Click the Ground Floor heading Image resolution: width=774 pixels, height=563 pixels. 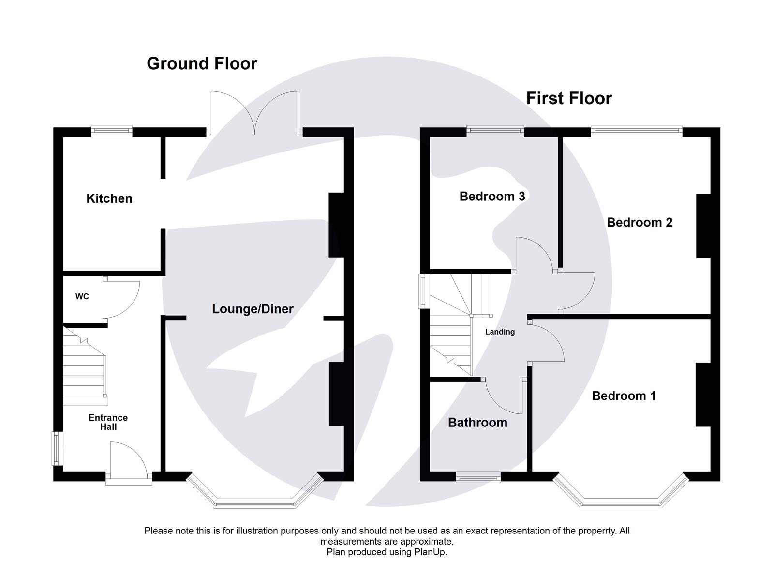202,63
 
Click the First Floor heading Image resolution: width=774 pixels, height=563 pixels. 569,98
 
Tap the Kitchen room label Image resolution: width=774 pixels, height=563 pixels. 109,198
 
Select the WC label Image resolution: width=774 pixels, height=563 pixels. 82,296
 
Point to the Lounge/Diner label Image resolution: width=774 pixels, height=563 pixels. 253,309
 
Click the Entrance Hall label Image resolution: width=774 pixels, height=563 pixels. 108,422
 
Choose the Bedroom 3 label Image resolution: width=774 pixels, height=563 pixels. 492,196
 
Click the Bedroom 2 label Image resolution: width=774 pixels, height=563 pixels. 640,222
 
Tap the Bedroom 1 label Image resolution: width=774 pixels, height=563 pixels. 624,396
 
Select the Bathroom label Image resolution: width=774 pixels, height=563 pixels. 477,423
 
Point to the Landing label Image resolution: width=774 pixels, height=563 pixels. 500,332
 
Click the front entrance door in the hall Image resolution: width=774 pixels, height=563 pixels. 128,462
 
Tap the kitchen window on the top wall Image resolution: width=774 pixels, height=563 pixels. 112,129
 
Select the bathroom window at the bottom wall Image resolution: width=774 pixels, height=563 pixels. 478,478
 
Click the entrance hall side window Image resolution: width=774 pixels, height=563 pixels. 57,448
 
